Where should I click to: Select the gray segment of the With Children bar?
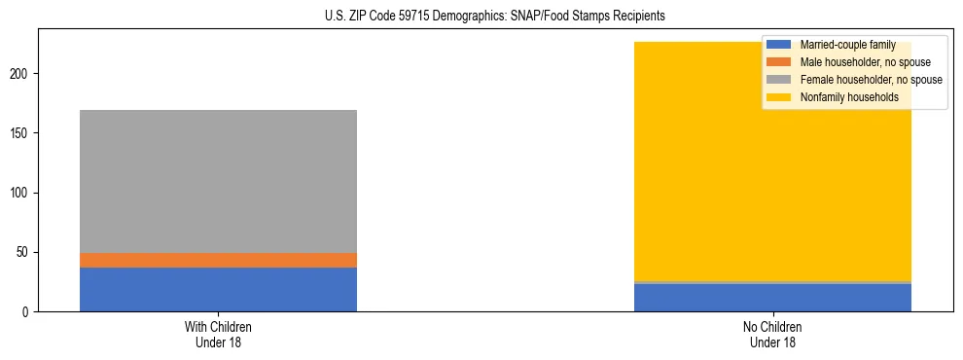pyautogui.click(x=218, y=181)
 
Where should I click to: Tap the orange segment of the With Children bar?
pyautogui.click(x=218, y=260)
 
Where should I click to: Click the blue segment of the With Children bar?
pyautogui.click(x=218, y=289)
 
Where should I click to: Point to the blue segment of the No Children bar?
pyautogui.click(x=772, y=298)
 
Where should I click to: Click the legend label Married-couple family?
pyautogui.click(x=846, y=45)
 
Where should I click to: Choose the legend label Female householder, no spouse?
pyautogui.click(x=871, y=80)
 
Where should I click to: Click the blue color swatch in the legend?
pyautogui.click(x=779, y=45)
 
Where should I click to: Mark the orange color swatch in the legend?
pyautogui.click(x=779, y=62)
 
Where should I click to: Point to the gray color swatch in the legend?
pyautogui.click(x=779, y=80)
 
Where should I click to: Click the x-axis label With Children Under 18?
pyautogui.click(x=218, y=335)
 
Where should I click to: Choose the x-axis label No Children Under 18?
pyautogui.click(x=772, y=335)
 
